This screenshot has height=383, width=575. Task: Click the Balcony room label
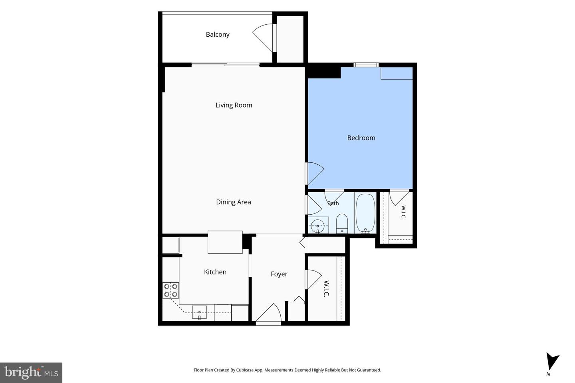pyautogui.click(x=217, y=34)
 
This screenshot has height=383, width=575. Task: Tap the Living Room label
pyautogui.click(x=234, y=105)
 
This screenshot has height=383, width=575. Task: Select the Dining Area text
pyautogui.click(x=233, y=202)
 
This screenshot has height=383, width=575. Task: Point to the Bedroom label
pyautogui.click(x=361, y=138)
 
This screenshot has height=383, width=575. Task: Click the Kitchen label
pyautogui.click(x=215, y=272)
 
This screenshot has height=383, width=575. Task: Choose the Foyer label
pyautogui.click(x=279, y=274)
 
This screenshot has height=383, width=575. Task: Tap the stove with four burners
pyautogui.click(x=171, y=290)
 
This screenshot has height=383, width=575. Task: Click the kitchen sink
pyautogui.click(x=199, y=312)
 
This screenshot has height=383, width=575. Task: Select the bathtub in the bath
pyautogui.click(x=365, y=213)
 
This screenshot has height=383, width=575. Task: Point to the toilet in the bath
pyautogui.click(x=342, y=223)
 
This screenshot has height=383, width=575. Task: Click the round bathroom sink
pyautogui.click(x=318, y=226)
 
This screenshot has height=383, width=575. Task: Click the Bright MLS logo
pyautogui.click(x=31, y=373)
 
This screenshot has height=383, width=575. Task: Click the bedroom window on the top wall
pyautogui.click(x=366, y=65)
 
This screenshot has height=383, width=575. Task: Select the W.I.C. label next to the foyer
pyautogui.click(x=326, y=289)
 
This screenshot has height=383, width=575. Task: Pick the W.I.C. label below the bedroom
pyautogui.click(x=403, y=212)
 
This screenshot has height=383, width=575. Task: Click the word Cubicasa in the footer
pyautogui.click(x=246, y=370)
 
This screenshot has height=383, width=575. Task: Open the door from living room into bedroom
pyautogui.click(x=315, y=174)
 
